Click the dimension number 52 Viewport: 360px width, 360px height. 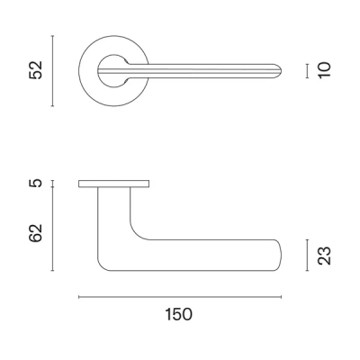36,70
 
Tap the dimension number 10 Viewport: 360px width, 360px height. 325,70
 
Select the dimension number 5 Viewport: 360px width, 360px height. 36,183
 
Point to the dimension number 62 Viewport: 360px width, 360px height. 36,233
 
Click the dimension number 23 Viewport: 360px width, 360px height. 325,256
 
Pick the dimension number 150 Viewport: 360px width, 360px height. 178,314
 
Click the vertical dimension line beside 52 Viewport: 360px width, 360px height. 53,71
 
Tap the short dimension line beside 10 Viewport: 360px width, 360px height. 307,71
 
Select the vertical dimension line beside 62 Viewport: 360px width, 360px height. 53,229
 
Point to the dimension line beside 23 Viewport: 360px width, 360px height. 307,255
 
